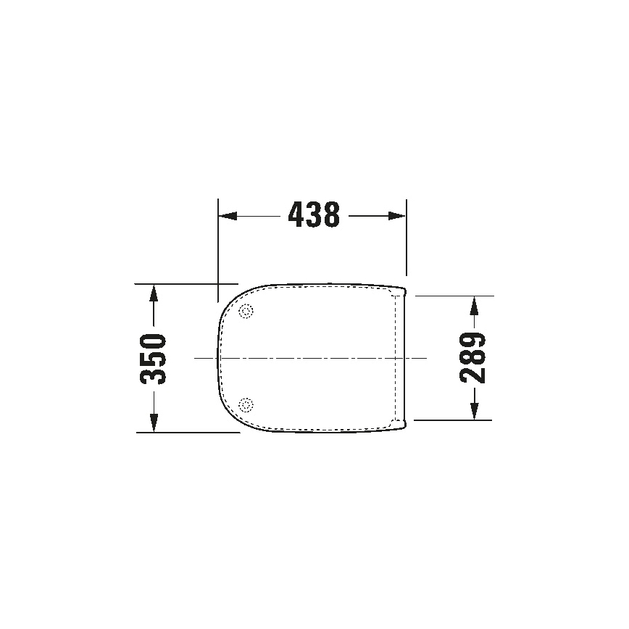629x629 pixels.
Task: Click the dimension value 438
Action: click(x=313, y=215)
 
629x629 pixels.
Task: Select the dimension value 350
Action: click(x=153, y=359)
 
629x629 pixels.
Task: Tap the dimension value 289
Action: click(x=473, y=358)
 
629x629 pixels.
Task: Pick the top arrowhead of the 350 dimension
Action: click(x=153, y=293)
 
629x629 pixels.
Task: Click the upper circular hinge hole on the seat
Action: click(x=246, y=312)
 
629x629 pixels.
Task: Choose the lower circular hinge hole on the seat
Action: click(x=246, y=404)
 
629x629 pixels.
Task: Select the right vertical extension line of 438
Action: click(x=407, y=239)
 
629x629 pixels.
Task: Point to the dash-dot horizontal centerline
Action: click(x=312, y=358)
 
